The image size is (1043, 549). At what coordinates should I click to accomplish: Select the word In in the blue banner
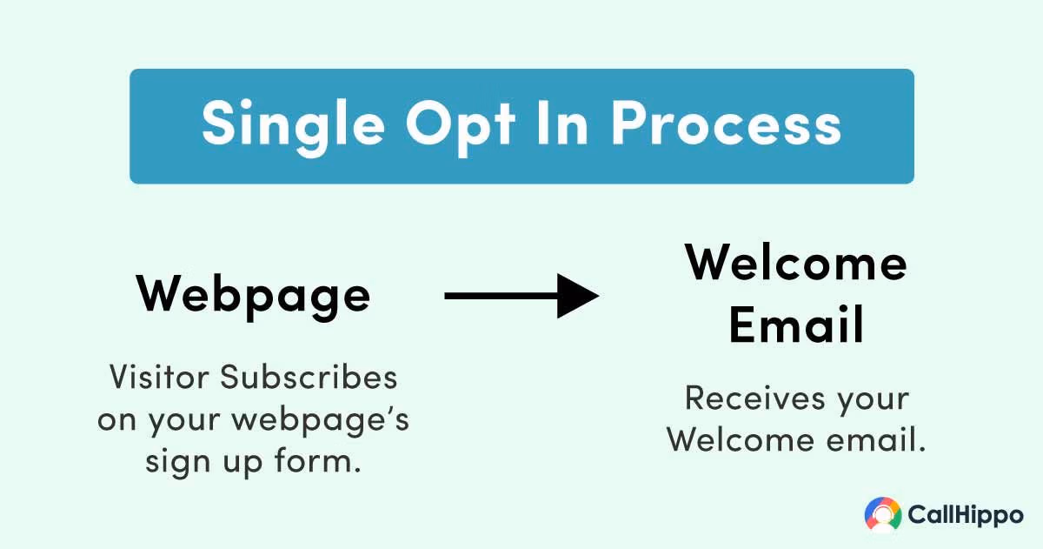click(x=562, y=123)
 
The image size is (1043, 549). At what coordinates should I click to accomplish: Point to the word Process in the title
click(x=727, y=124)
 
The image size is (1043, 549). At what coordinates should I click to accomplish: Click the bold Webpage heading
click(x=253, y=297)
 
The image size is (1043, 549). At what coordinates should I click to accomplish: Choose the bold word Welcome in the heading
click(x=796, y=263)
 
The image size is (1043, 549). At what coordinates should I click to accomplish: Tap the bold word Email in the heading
click(x=796, y=324)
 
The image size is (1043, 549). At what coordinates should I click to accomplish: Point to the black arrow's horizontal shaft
click(x=501, y=296)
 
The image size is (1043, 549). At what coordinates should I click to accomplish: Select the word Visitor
click(x=159, y=377)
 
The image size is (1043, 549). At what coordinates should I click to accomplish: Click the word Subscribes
click(x=309, y=377)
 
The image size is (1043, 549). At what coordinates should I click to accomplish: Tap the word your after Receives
click(x=873, y=402)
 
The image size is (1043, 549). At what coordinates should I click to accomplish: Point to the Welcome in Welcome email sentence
click(x=741, y=439)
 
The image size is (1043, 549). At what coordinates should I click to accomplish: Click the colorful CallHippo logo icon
click(x=883, y=514)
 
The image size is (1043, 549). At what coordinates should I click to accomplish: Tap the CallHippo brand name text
click(x=966, y=515)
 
